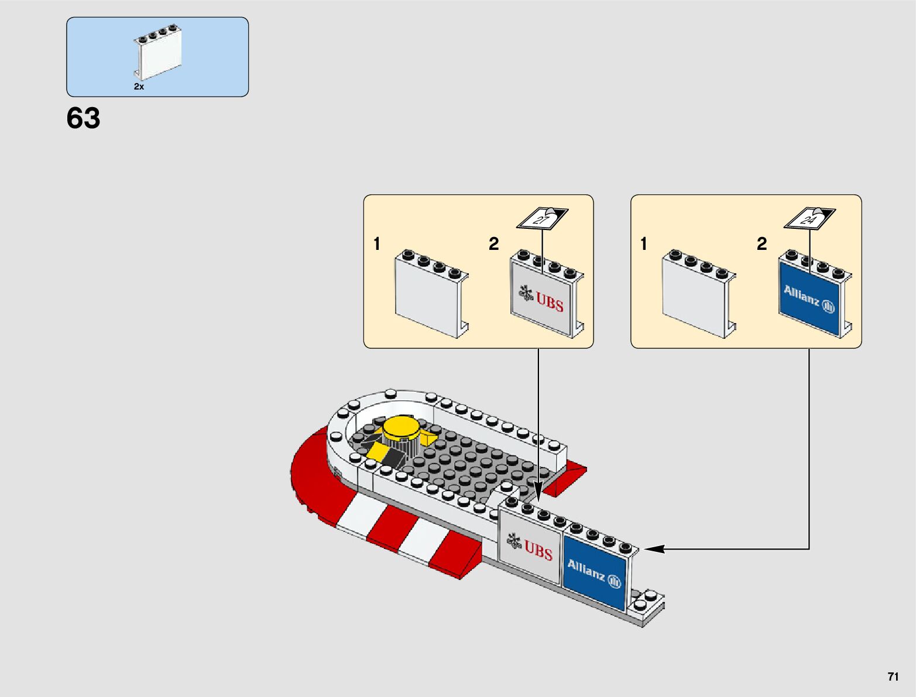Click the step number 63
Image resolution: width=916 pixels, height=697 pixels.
coord(83,119)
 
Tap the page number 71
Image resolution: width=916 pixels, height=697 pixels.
coord(893,677)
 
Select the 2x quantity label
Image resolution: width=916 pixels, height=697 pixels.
coord(139,87)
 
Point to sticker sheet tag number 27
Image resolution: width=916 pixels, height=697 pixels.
coord(541,219)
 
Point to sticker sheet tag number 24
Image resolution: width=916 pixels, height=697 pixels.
coord(809,219)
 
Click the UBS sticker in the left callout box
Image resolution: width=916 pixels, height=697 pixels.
coord(541,298)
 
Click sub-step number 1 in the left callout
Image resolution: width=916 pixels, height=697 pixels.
coord(377,244)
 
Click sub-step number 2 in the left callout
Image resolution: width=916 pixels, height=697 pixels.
coord(494,244)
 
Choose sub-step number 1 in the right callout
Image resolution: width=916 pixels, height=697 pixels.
coord(644,244)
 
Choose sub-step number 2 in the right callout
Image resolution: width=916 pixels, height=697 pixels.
coord(761,244)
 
